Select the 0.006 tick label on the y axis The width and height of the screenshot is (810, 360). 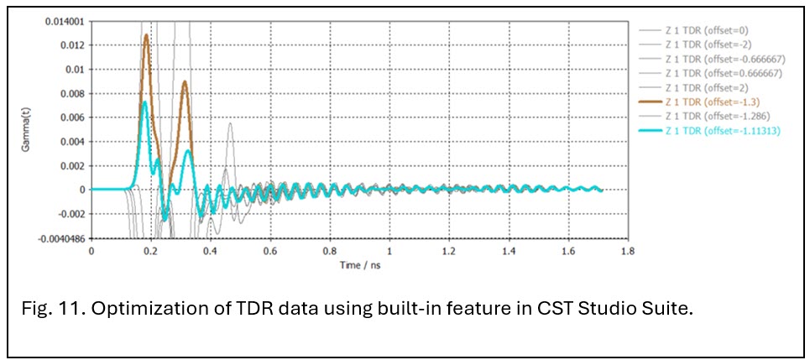71,117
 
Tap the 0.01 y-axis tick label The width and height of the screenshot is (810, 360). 74,70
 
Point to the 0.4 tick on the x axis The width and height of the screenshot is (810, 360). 210,249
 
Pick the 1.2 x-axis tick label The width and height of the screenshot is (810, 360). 448,249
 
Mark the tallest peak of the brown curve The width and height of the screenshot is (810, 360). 147,35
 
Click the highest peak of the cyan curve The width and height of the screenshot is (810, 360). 145,102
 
